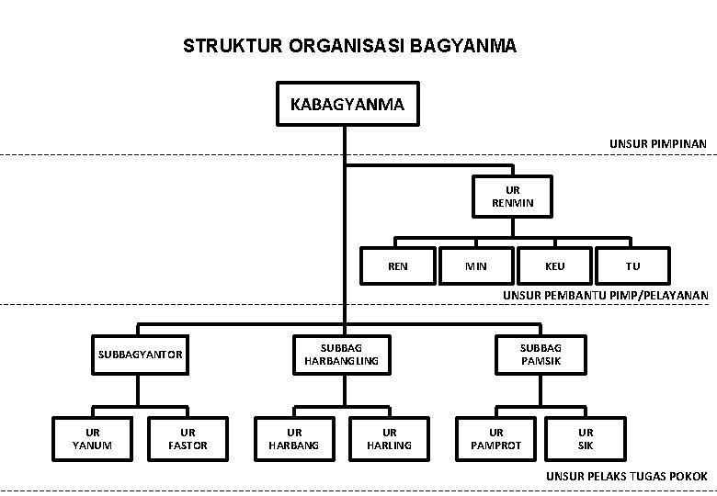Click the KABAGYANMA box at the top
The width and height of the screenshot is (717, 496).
click(x=347, y=104)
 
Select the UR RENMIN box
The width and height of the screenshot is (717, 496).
click(x=513, y=197)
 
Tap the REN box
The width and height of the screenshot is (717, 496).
click(x=398, y=265)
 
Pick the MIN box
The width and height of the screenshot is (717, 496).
click(x=476, y=265)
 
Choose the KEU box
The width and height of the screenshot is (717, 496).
click(x=554, y=265)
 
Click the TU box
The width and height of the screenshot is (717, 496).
click(x=632, y=265)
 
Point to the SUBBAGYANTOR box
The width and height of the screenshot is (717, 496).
click(x=140, y=355)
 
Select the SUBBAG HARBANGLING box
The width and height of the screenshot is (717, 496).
click(x=342, y=355)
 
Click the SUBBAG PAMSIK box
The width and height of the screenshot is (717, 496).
click(x=541, y=355)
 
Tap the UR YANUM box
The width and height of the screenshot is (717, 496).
click(x=92, y=439)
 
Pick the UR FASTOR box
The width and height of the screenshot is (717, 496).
click(x=188, y=439)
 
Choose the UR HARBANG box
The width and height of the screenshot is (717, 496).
click(x=294, y=439)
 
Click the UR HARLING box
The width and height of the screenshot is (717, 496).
click(x=390, y=439)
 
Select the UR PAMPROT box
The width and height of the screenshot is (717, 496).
click(x=496, y=439)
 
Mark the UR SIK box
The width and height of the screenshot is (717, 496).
click(x=586, y=439)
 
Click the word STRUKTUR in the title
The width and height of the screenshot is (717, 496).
click(x=233, y=46)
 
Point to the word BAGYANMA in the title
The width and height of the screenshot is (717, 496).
click(x=462, y=46)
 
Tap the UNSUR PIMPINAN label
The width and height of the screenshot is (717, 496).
click(x=658, y=144)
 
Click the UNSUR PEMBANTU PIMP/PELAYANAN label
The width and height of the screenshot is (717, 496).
click(x=606, y=296)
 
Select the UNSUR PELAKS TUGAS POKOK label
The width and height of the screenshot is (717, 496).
click(x=627, y=477)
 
